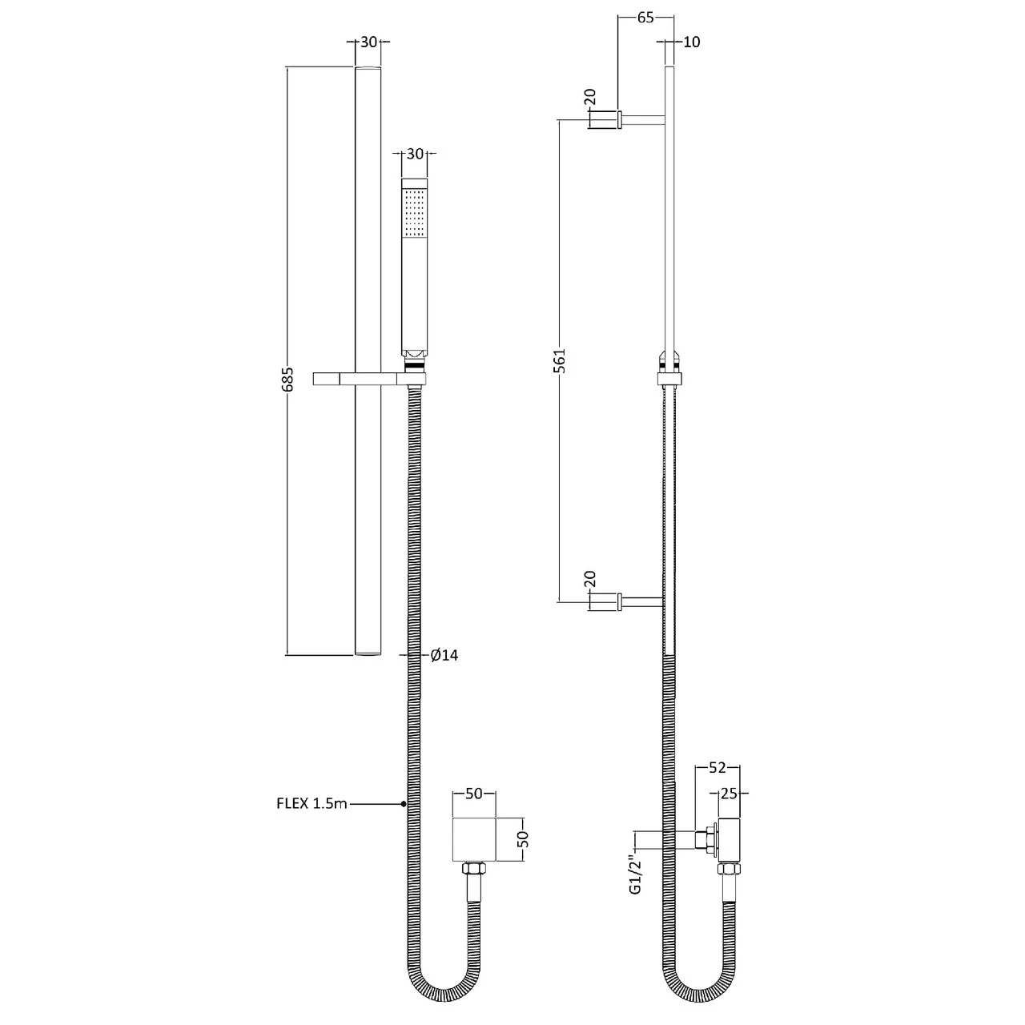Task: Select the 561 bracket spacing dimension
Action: (560, 360)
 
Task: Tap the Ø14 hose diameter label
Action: (444, 655)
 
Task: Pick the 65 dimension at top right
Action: (646, 18)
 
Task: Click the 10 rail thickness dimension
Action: (692, 42)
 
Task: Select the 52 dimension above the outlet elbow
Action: (717, 768)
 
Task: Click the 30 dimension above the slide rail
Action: (368, 42)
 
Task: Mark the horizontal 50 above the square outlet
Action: (474, 794)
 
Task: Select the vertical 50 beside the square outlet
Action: (525, 839)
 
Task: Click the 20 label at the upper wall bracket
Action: (590, 98)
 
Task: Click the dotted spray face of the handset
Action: (414, 211)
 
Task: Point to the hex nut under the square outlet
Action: (473, 869)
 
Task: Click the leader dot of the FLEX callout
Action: (404, 803)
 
